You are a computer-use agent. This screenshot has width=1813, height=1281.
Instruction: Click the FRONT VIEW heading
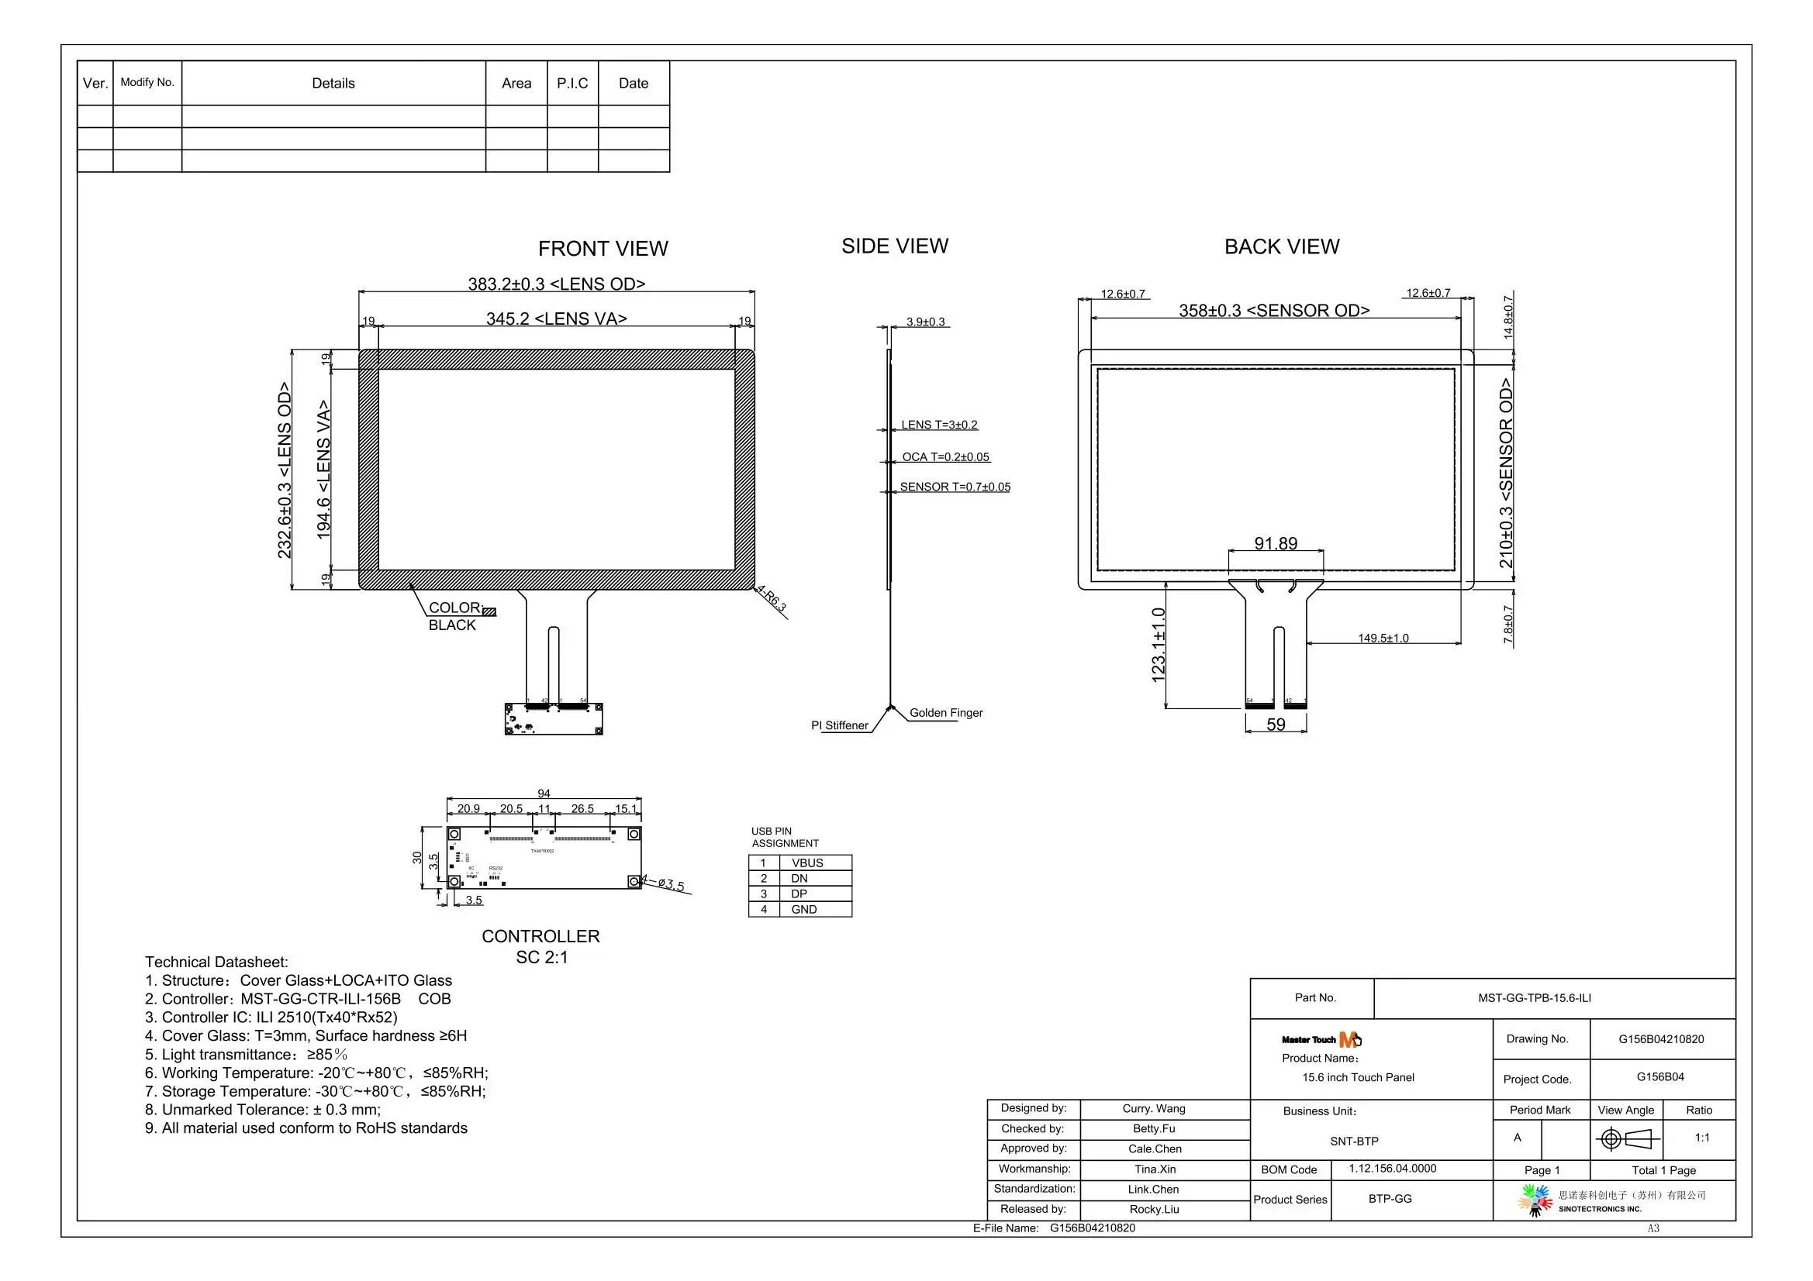[603, 249]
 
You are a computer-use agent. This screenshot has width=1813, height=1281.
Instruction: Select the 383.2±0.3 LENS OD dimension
[556, 284]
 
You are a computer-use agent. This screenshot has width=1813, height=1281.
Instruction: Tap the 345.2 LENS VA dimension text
[556, 318]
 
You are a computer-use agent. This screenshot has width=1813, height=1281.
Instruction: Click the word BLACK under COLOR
[451, 625]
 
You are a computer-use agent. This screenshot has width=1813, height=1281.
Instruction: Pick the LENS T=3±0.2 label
[939, 425]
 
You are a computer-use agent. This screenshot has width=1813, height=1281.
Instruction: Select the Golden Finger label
[945, 713]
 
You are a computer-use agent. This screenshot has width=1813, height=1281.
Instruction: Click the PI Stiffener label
[839, 725]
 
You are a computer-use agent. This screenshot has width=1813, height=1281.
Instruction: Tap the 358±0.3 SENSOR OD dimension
[1274, 310]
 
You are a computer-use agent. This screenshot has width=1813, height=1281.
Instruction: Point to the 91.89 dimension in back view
[1276, 543]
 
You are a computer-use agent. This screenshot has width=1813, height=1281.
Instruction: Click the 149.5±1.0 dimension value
[1383, 638]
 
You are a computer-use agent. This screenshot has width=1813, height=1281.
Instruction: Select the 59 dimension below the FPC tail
[1276, 724]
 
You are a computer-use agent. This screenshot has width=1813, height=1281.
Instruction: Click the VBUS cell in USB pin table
[807, 863]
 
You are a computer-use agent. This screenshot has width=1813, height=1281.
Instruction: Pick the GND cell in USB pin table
[803, 909]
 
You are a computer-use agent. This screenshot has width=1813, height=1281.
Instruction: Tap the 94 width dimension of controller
[544, 794]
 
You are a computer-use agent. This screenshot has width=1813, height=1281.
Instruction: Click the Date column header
[634, 83]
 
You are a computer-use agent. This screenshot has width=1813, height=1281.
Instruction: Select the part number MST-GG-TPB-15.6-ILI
[1535, 997]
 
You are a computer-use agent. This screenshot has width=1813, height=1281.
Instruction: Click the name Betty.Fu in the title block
[1154, 1128]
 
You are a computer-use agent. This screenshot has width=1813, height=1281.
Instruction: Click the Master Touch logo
[1321, 1039]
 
